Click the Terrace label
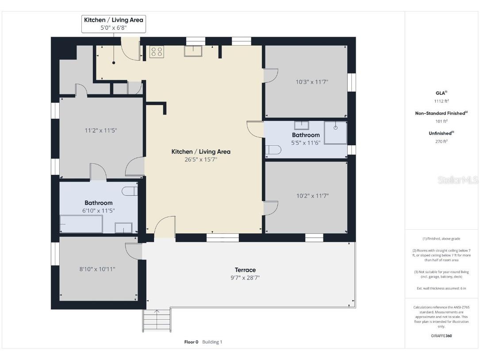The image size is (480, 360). coord(245,270)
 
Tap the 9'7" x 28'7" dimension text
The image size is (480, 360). coord(245,278)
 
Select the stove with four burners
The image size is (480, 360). coord(157,52)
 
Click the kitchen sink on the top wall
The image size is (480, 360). coord(193,51)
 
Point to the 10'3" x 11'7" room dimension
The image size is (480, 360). coord(312,82)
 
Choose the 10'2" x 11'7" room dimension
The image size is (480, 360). coord(312,196)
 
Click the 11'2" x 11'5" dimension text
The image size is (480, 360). coord(101,131)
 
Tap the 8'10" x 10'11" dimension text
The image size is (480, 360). coord(97,269)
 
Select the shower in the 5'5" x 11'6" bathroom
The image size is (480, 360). coord(335,133)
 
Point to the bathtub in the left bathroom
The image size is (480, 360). coord(81,224)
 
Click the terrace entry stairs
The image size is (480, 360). coord(157,320)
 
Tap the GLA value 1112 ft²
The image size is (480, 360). coord(442,101)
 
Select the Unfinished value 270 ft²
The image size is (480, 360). coord(442,142)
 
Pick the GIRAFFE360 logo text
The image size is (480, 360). coord(442,336)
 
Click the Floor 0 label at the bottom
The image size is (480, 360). coord(191,342)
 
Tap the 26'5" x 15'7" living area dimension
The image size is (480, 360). coord(201,159)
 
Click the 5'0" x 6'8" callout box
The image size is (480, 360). coord(114,24)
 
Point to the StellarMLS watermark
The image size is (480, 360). coord(457,180)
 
